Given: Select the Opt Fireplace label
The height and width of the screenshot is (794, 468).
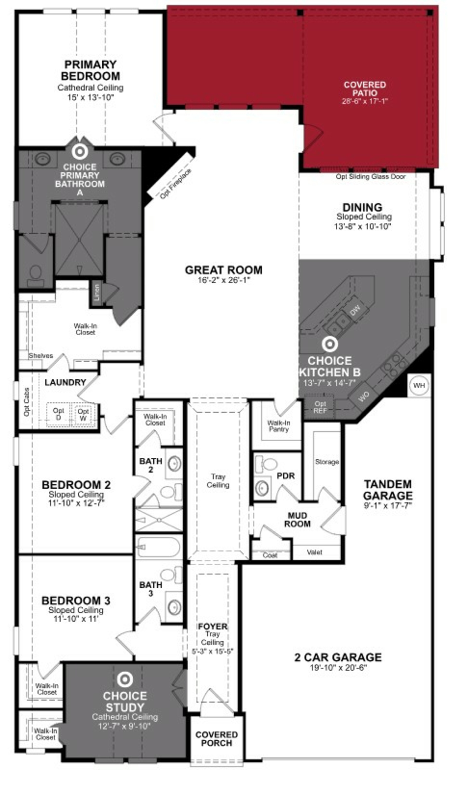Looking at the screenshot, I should coord(175,184).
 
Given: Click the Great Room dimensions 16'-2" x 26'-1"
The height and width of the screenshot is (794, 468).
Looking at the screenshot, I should coord(224,280).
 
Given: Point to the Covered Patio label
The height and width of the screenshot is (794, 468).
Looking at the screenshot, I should coord(365,89).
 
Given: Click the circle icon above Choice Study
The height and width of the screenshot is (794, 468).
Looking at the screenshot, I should coord(125,680).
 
